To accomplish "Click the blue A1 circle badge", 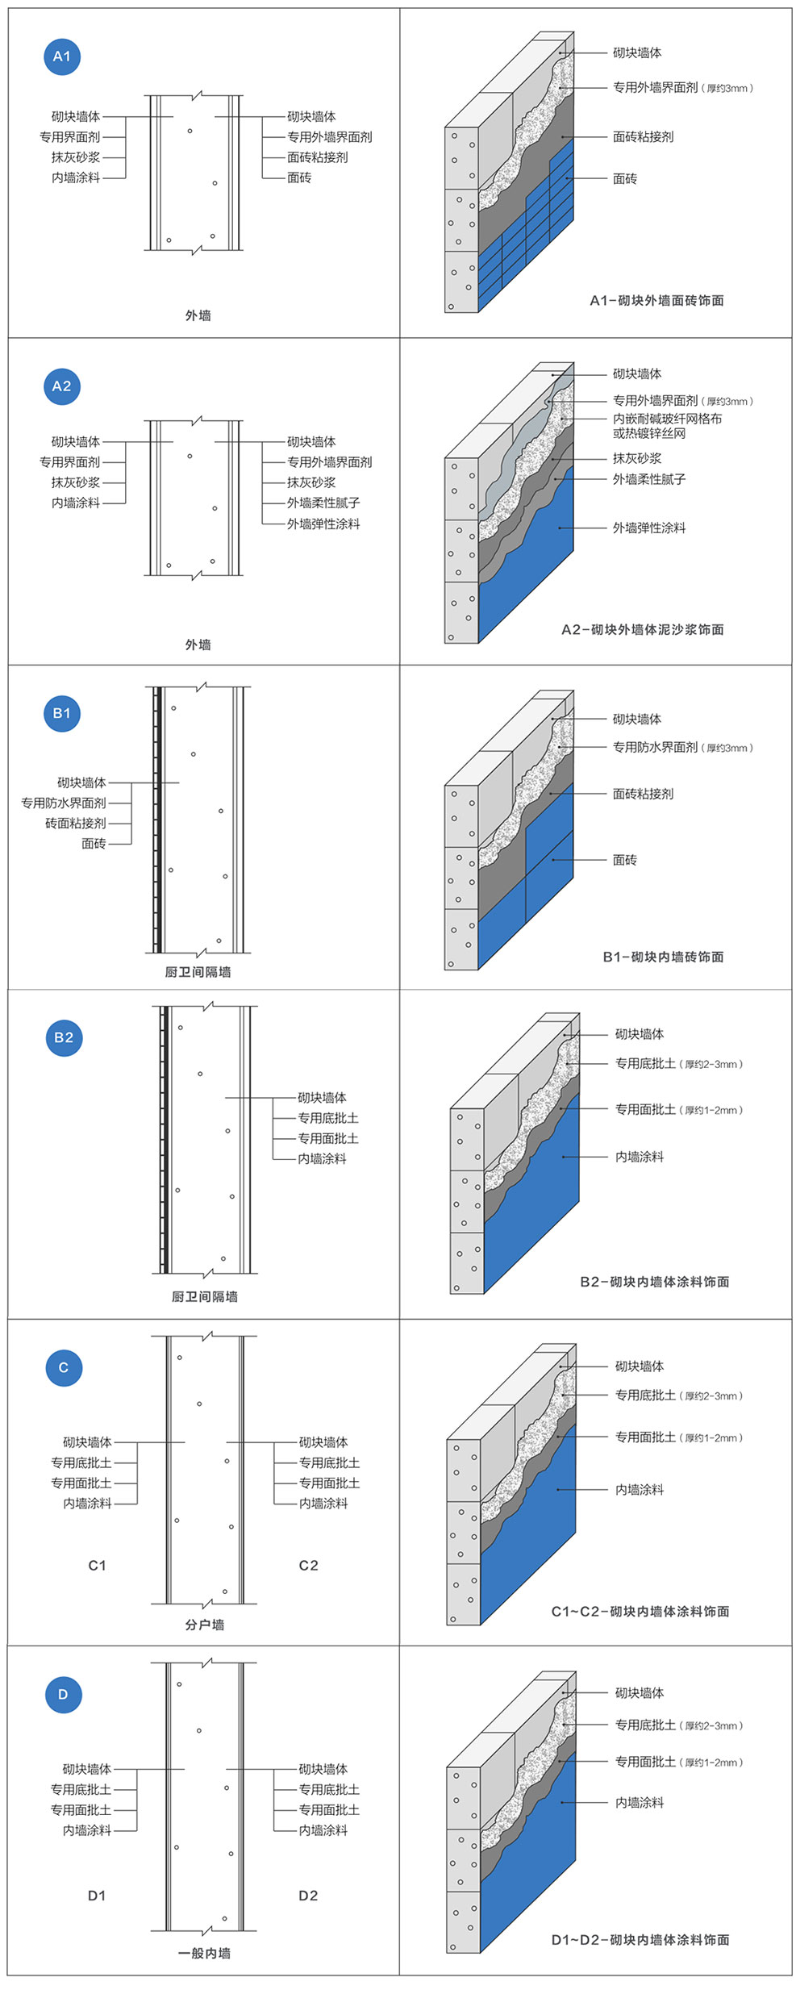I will click(x=62, y=56).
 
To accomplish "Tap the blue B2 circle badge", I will click(x=64, y=1037).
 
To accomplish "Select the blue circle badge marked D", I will click(x=64, y=1694).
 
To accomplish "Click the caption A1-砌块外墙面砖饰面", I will click(x=656, y=301).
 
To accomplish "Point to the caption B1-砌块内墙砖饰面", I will click(x=663, y=957).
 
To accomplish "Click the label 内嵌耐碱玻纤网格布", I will click(x=667, y=419).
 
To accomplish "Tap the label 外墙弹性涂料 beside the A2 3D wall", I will click(x=648, y=528).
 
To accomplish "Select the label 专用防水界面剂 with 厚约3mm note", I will click(x=655, y=748).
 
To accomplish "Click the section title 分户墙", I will click(x=205, y=1625).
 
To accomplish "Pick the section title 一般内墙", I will click(x=204, y=1953).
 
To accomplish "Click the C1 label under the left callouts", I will click(x=97, y=1566).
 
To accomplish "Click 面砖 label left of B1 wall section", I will click(x=94, y=844).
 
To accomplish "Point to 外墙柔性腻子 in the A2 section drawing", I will click(x=323, y=503).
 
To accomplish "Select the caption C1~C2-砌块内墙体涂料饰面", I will click(x=640, y=1611).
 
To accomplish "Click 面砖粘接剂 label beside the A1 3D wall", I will click(x=643, y=137).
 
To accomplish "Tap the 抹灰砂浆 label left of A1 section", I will click(x=76, y=157).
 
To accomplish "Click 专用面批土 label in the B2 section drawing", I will click(x=328, y=1138).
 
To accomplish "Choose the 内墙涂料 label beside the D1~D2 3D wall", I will click(x=640, y=1802).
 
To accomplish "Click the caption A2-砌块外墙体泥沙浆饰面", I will click(x=643, y=630).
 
